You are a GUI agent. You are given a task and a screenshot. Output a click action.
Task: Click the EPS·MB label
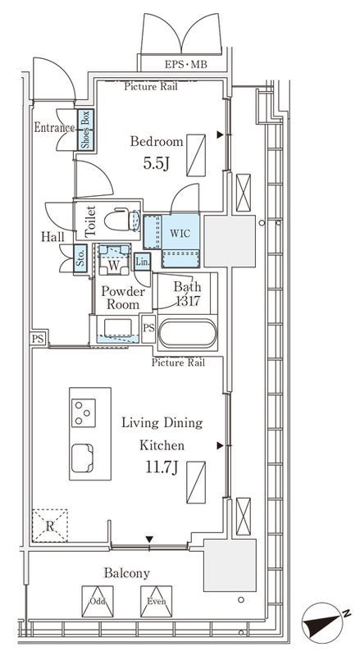tap(185, 65)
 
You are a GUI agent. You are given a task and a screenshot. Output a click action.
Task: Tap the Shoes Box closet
tap(85, 130)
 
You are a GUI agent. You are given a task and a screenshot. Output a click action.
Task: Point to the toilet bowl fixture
tap(122, 220)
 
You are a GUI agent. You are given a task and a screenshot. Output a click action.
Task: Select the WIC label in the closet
tap(180, 233)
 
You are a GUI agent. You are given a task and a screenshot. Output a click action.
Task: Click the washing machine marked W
tap(113, 260)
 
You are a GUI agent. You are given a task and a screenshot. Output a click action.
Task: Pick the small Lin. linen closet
tap(143, 262)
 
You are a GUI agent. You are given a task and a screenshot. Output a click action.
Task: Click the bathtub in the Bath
tap(188, 334)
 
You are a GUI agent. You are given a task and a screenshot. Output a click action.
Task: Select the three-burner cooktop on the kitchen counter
tap(84, 413)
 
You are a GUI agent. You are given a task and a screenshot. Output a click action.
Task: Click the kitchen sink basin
tap(82, 458)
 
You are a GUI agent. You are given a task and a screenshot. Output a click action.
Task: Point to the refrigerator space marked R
tap(50, 526)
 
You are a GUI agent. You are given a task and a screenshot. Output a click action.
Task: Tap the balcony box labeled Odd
tap(98, 601)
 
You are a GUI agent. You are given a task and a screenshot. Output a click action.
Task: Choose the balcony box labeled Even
tap(156, 601)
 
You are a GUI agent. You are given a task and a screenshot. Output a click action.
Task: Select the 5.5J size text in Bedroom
tap(156, 163)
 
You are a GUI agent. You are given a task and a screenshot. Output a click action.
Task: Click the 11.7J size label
tap(162, 467)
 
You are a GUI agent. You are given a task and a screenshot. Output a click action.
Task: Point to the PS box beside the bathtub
tap(148, 329)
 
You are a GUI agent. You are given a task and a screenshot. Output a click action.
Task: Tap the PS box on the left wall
tap(38, 339)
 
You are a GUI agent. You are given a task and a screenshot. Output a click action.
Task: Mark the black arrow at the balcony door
tap(149, 539)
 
